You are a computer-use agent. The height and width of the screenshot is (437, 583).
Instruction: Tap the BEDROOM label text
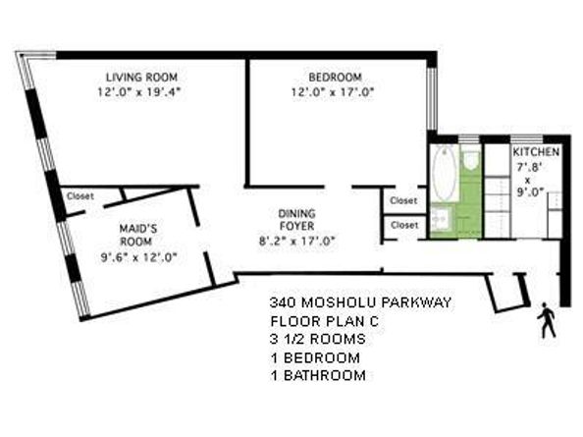pyautogui.click(x=335, y=78)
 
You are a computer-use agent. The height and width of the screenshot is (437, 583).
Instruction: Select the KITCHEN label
pyautogui.click(x=536, y=153)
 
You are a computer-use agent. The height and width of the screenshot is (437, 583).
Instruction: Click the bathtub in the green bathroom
pyautogui.click(x=444, y=174)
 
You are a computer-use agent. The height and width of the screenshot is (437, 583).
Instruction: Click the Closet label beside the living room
pyautogui.click(x=79, y=195)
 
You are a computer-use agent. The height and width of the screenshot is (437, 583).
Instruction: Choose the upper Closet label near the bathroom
pyautogui.click(x=403, y=200)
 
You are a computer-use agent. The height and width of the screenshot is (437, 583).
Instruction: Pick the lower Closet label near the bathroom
pyautogui.click(x=403, y=225)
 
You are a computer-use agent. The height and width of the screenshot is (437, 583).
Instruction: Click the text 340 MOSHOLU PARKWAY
pyautogui.click(x=359, y=302)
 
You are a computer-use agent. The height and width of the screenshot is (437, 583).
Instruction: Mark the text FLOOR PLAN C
pyautogui.click(x=321, y=321)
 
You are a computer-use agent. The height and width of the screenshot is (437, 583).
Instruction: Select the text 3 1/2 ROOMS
pyautogui.click(x=317, y=339)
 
